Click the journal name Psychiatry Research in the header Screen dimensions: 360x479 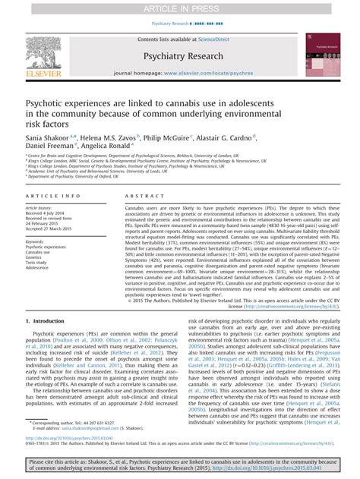coord(178,55)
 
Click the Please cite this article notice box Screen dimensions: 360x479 coord(180,465)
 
